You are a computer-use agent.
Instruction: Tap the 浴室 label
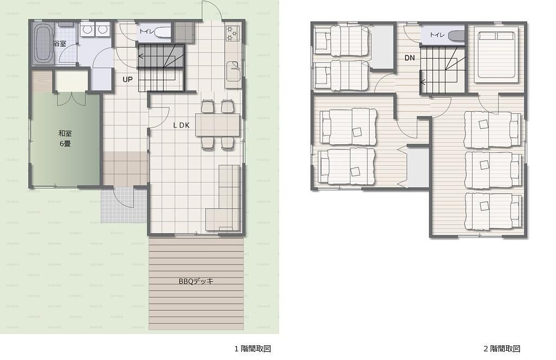pos(60,44)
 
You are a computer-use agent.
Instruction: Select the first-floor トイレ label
pos(146,31)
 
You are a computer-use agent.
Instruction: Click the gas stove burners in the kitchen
pos(232,33)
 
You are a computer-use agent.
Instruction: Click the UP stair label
pos(128,80)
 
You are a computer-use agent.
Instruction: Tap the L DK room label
pos(181,125)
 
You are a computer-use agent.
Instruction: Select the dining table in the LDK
pos(217,125)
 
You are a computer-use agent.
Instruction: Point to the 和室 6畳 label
pos(65,138)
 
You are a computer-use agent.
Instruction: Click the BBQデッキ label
pos(196,281)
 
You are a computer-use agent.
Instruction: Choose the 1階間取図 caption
pos(253,349)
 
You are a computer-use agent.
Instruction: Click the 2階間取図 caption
pos(502,349)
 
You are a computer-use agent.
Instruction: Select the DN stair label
pos(410,58)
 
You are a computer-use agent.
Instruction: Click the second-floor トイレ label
pos(437,35)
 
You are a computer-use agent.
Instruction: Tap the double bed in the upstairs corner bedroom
pos(496,54)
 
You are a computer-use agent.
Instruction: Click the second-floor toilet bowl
pos(456,35)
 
